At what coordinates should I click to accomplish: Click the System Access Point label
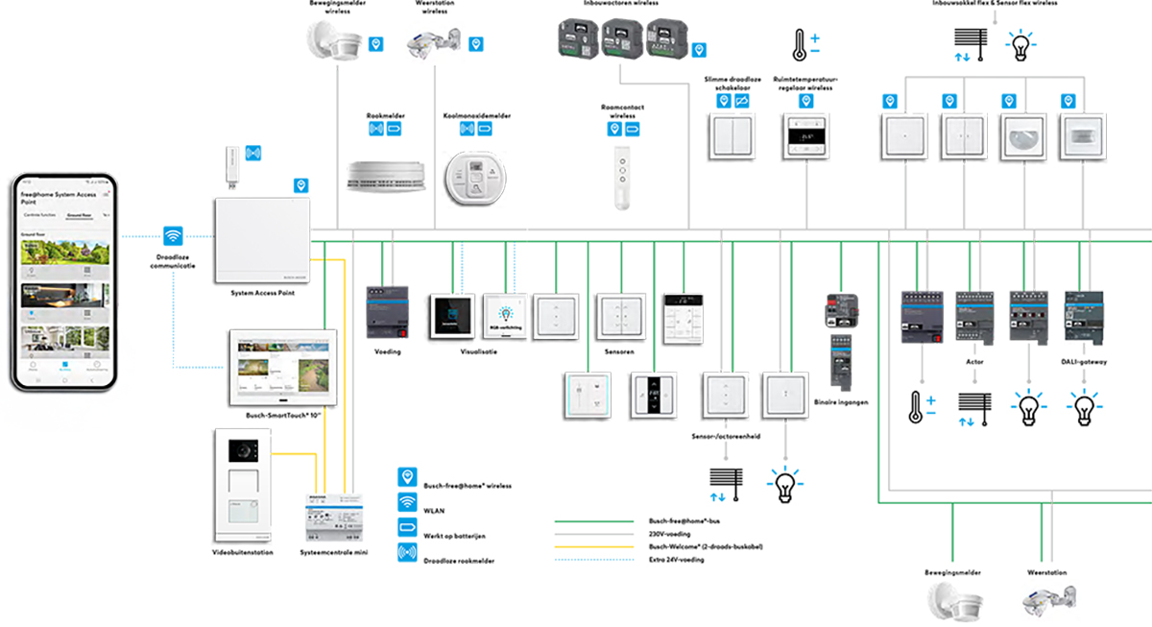click(262, 294)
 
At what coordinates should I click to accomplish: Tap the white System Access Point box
click(262, 240)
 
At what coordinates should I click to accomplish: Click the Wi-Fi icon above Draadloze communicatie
click(174, 236)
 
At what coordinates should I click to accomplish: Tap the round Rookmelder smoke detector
click(385, 176)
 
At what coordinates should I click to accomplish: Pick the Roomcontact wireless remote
click(622, 176)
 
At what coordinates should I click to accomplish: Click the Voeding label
click(388, 351)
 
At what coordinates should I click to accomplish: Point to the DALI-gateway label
click(1085, 362)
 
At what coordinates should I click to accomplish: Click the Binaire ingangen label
click(840, 401)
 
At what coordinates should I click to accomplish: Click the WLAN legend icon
click(407, 501)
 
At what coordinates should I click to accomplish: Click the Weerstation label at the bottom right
click(1046, 573)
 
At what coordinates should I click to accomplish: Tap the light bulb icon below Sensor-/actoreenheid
click(786, 485)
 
